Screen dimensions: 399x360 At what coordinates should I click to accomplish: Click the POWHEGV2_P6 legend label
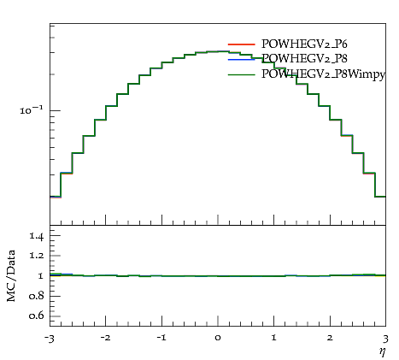304,44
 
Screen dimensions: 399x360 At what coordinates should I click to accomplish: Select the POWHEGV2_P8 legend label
304,58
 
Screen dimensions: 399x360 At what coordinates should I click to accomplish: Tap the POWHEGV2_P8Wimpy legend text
323,74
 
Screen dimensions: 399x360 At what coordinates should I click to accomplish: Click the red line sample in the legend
241,44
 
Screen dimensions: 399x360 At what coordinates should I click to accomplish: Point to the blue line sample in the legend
241,59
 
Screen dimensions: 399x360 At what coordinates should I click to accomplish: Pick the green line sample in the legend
241,74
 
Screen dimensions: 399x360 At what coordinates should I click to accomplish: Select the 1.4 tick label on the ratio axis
36,236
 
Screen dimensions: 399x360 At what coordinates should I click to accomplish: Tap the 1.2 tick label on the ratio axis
36,256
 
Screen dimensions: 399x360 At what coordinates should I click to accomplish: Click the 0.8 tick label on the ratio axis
36,296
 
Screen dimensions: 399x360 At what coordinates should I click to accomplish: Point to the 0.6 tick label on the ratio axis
36,316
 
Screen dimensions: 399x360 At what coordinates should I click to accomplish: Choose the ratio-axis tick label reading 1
41,276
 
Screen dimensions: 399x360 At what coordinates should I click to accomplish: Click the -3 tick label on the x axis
49,339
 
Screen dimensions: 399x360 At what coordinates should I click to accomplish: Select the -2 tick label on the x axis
105,338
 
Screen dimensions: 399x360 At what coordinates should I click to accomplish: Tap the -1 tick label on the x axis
161,338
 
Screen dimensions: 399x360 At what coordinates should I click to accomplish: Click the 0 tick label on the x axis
218,339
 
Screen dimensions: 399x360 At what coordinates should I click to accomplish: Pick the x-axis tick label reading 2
330,338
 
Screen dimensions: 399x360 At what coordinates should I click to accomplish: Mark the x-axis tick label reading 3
385,339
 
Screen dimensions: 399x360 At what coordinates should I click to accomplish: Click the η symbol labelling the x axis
383,351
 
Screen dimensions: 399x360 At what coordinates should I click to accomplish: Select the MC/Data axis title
11,275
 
